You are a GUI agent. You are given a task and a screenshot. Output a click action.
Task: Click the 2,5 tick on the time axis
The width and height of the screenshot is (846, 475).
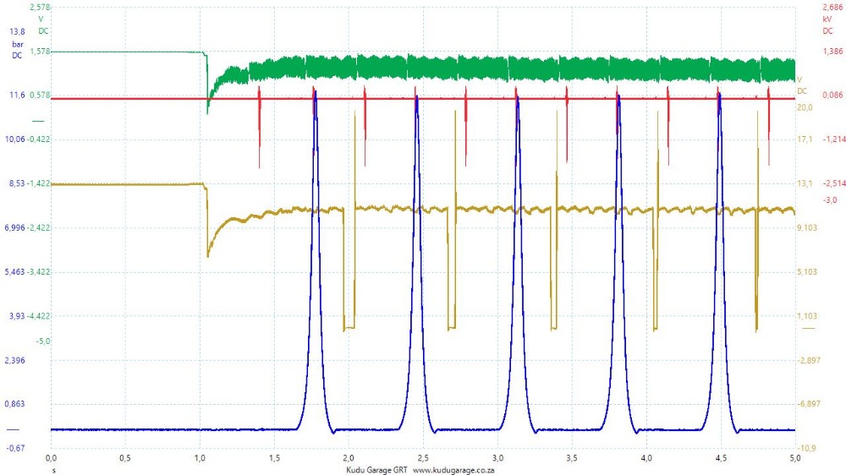point(423,457)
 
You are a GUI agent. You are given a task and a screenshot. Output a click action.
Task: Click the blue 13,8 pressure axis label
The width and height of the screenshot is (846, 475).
point(17,31)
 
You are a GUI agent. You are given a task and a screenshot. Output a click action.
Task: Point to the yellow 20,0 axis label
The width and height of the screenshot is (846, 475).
point(805,107)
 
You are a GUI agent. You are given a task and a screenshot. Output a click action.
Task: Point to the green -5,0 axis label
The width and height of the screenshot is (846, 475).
point(42,341)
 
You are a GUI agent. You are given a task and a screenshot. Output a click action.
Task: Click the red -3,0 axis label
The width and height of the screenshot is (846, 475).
point(830,199)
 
